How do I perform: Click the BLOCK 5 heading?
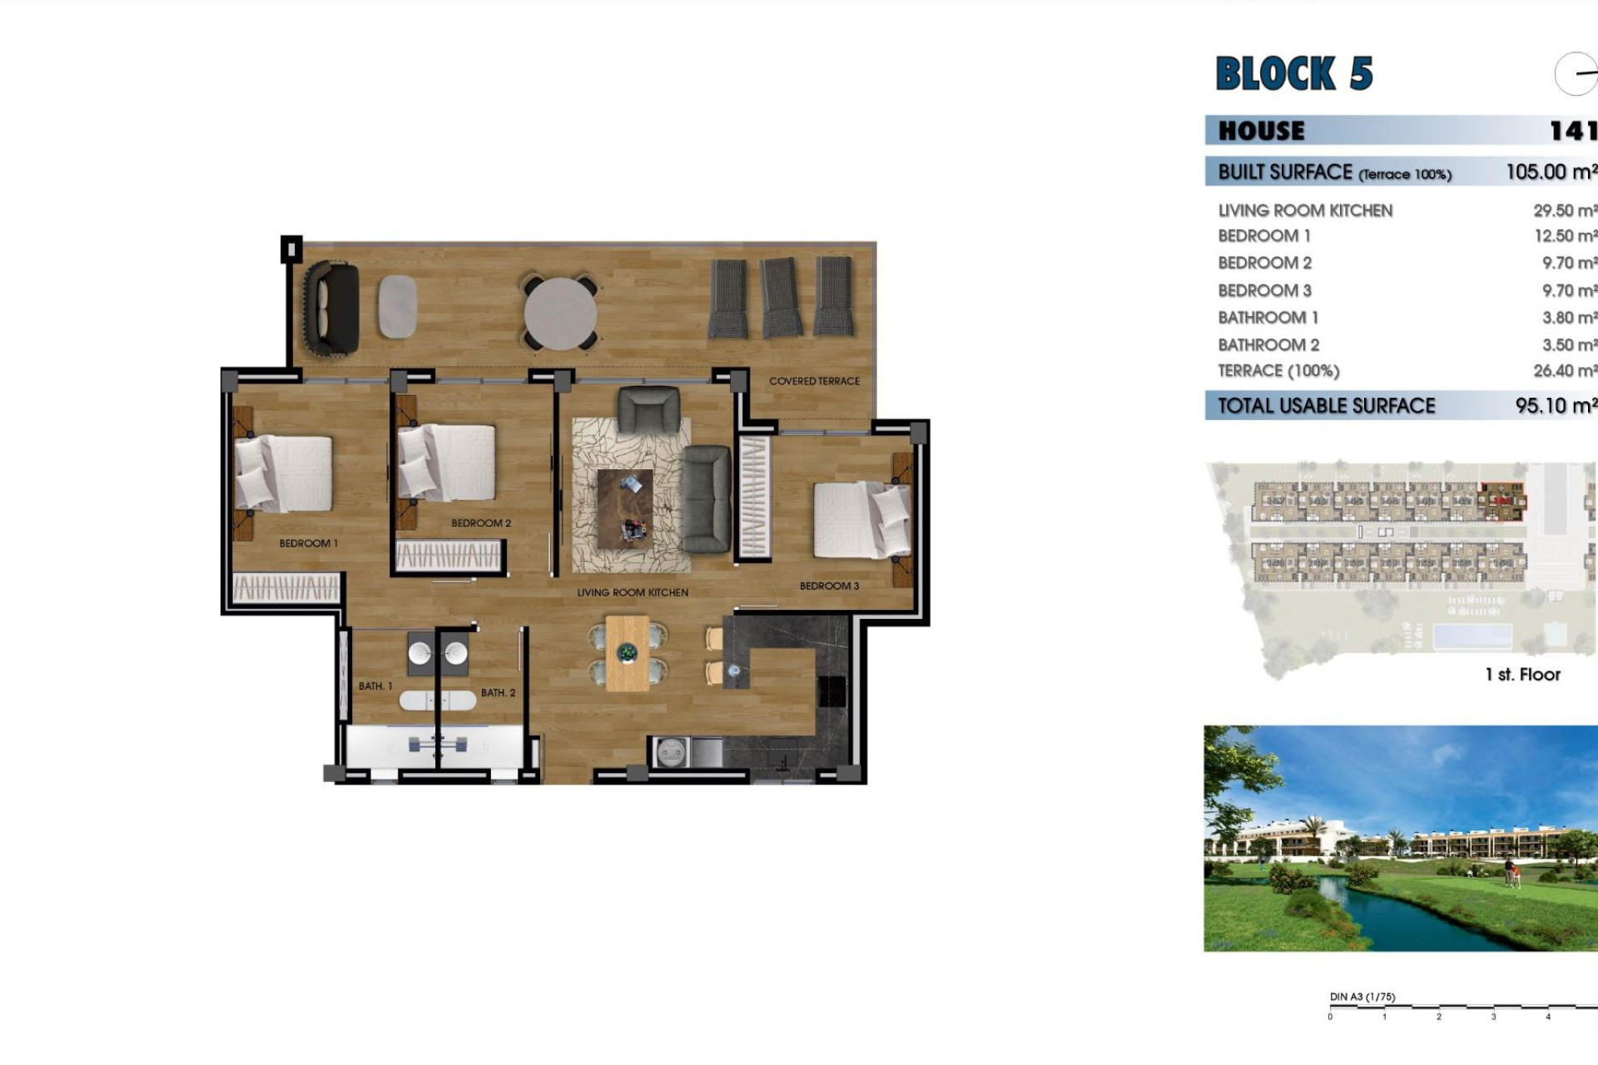(1293, 73)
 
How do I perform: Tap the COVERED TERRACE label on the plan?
(814, 381)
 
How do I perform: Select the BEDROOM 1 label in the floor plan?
(308, 543)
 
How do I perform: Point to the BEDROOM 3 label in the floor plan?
(829, 586)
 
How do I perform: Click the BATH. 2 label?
(498, 692)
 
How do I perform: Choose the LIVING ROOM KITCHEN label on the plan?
(633, 592)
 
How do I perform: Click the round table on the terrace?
(560, 314)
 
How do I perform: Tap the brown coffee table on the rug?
(625, 508)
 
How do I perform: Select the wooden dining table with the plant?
(627, 653)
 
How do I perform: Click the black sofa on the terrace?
(332, 308)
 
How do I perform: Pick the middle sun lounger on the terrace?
(780, 297)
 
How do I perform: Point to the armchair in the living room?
(648, 409)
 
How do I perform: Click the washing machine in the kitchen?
(671, 753)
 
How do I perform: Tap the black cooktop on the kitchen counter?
(832, 691)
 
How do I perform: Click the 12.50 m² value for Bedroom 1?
(1565, 236)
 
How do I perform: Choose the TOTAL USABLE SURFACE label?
(1327, 406)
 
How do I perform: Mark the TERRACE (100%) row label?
(1278, 371)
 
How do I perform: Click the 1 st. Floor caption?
(1522, 675)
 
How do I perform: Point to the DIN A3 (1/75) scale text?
(1362, 997)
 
